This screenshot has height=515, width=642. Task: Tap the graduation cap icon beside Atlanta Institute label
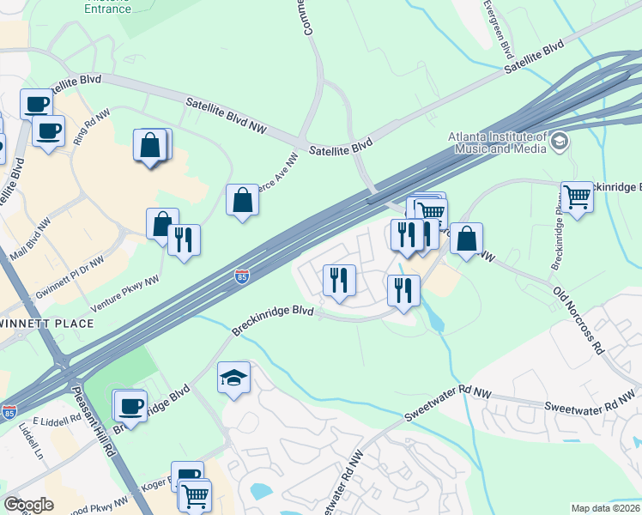pos(560,141)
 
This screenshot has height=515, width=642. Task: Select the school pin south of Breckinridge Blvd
pos(234,378)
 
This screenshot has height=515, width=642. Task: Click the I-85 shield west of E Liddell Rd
pos(9,412)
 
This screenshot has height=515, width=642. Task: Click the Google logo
pos(28,505)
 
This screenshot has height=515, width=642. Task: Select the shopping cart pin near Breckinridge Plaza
pos(578,197)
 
